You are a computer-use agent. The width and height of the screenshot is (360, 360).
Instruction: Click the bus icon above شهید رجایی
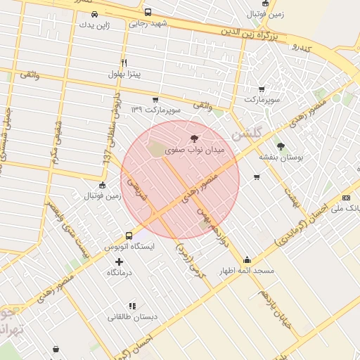pos(148,13)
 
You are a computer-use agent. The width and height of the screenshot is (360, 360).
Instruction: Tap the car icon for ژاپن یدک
pos(95,14)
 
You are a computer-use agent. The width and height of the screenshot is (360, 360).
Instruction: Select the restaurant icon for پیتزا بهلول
pos(124,62)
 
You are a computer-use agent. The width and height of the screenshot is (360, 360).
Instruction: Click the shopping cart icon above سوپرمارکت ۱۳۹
pos(155,100)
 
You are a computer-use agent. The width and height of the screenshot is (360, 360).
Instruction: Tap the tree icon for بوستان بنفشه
pos(281,146)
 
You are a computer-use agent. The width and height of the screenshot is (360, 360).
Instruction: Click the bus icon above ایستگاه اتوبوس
pos(129,236)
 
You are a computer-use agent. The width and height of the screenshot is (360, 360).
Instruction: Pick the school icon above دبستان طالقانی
pos(131,306)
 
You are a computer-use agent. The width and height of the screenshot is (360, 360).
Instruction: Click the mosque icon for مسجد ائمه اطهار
pos(246,259)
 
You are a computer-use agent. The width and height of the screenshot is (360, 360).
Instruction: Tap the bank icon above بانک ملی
pos(345,198)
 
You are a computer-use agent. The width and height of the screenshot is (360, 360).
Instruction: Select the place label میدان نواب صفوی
pos(194,150)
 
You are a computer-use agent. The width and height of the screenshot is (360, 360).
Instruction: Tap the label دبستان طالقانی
pos(131,317)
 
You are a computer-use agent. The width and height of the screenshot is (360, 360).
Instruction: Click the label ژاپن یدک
pos(95,25)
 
